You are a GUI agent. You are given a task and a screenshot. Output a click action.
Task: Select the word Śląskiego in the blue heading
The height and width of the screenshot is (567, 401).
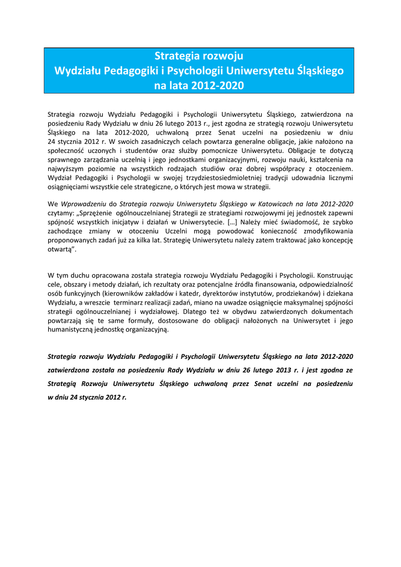[x=320, y=71]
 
